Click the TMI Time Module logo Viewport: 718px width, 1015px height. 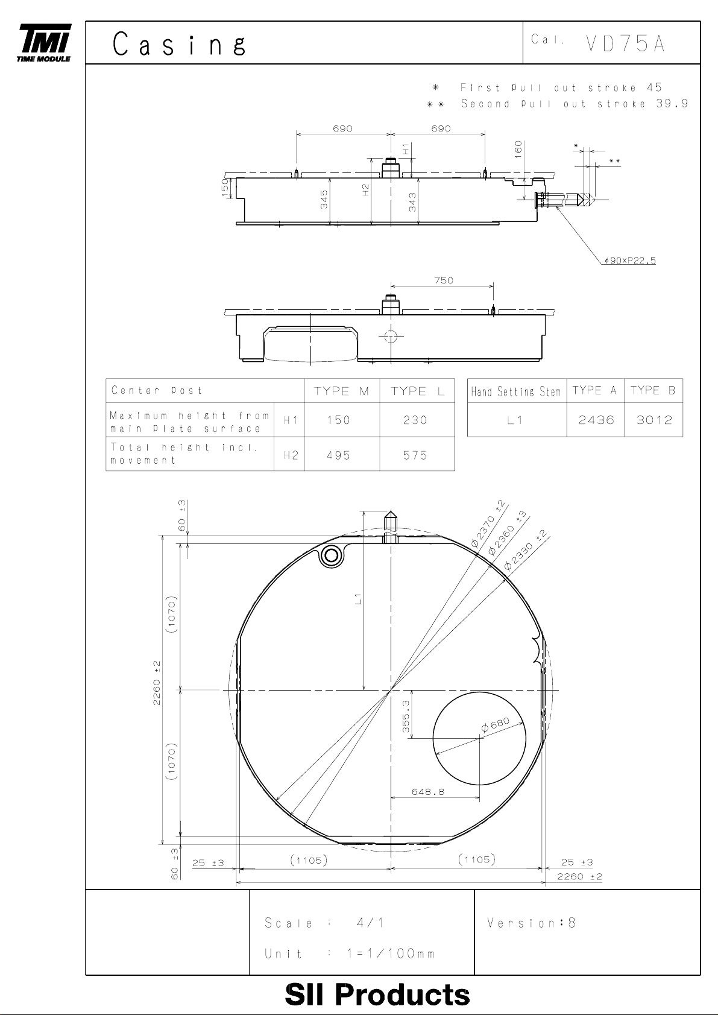click(x=44, y=43)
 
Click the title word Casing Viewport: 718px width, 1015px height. click(x=180, y=45)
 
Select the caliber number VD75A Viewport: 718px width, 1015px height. click(x=625, y=43)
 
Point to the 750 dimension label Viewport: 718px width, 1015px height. click(x=444, y=280)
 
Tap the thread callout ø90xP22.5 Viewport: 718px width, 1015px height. click(x=630, y=261)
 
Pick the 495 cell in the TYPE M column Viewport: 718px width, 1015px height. click(x=338, y=455)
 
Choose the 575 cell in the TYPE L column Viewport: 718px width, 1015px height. click(x=415, y=455)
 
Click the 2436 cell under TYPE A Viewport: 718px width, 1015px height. click(x=596, y=420)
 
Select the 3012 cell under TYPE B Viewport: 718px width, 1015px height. click(x=654, y=420)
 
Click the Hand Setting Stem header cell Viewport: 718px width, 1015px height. click(x=516, y=391)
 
